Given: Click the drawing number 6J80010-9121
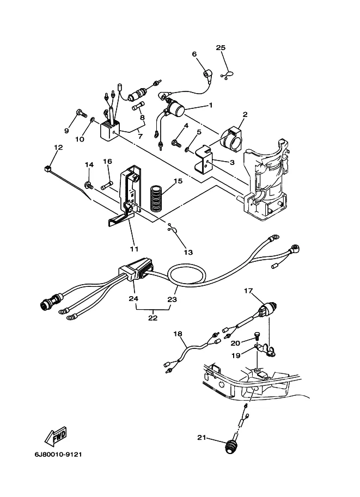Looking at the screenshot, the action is (58, 455).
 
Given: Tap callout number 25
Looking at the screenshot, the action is (221, 47).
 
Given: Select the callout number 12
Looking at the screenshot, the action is (58, 148).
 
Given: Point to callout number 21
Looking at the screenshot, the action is (202, 438).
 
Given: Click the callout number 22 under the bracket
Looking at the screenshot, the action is (153, 317).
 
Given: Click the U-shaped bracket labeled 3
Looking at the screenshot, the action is (204, 159).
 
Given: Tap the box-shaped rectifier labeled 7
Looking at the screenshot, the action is (110, 130).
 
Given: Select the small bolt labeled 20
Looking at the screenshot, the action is (258, 336).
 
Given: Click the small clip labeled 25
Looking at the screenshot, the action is (228, 76).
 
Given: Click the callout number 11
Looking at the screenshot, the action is (134, 249).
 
